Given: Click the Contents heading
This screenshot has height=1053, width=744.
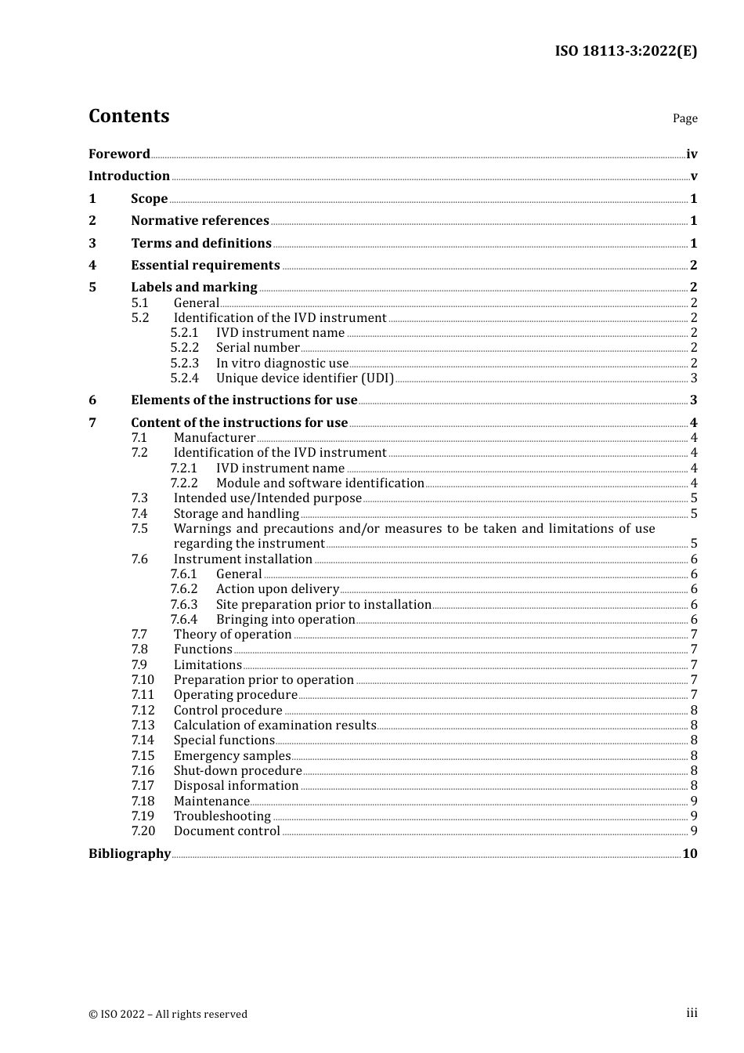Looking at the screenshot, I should click(x=128, y=116).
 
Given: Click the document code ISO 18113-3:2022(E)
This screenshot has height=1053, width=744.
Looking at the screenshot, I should click(x=626, y=51).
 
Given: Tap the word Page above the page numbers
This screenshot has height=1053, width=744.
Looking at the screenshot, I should click(x=684, y=118).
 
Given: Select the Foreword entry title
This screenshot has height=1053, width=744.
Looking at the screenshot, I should click(x=119, y=154).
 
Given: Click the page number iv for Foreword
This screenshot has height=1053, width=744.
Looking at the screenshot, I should click(x=692, y=154).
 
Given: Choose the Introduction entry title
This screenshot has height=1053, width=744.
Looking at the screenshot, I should click(x=129, y=175).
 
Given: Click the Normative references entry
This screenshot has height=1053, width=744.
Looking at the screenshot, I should click(x=200, y=220).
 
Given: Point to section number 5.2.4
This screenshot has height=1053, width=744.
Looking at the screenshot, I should click(x=185, y=378).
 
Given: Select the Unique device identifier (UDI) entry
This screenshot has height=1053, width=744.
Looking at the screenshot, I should click(x=305, y=378).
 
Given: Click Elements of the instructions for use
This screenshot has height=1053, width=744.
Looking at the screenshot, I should click(x=244, y=400).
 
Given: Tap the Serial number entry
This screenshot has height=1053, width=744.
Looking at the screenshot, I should click(x=258, y=347).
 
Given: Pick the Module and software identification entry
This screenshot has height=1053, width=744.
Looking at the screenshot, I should click(x=320, y=483).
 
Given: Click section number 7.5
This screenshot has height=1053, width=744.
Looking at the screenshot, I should click(x=139, y=528).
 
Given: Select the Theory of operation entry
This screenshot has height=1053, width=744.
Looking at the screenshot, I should click(x=233, y=634).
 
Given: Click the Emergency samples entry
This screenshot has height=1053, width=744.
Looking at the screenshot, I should click(x=232, y=755).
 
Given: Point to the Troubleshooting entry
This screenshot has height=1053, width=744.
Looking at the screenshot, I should click(x=222, y=816).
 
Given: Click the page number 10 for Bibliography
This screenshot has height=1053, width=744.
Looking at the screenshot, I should click(x=689, y=853).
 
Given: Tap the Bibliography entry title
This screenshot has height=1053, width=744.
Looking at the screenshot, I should click(x=129, y=853).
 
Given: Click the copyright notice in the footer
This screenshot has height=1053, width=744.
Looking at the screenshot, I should click(x=168, y=1014).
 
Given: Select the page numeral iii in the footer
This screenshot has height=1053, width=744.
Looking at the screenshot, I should click(x=692, y=1013).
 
